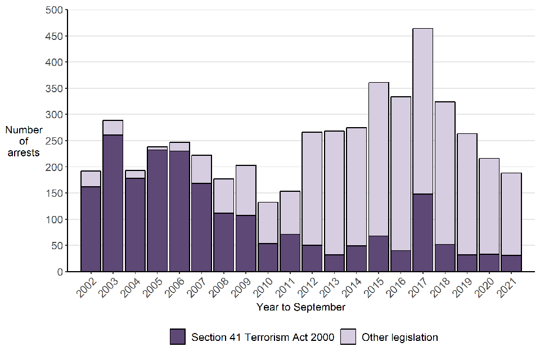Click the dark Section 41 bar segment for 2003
112,203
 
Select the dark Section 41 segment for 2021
511,263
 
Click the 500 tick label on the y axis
55,10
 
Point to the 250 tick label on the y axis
55,141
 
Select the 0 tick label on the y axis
58,272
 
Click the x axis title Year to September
301,307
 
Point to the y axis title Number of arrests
24,141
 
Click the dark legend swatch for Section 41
177,337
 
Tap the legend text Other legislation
400,337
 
